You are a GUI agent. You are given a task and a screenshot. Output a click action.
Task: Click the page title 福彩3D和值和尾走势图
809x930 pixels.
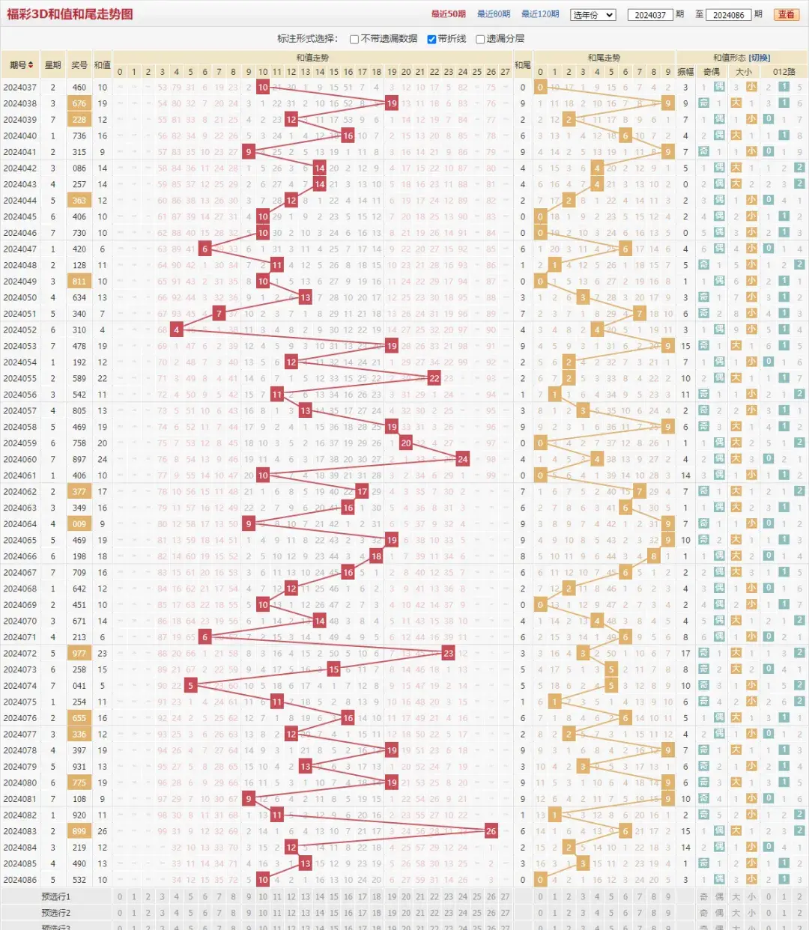click(x=70, y=14)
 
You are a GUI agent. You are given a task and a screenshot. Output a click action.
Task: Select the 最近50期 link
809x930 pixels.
click(x=448, y=14)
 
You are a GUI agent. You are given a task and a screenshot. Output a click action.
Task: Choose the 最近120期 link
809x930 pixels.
click(x=540, y=14)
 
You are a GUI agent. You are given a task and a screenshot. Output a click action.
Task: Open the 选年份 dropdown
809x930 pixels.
click(x=593, y=15)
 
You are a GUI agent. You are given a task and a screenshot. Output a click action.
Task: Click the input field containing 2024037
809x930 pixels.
click(x=649, y=15)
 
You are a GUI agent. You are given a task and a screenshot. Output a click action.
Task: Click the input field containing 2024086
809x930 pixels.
click(x=728, y=15)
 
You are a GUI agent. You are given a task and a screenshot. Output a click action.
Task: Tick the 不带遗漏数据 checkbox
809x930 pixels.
click(x=354, y=39)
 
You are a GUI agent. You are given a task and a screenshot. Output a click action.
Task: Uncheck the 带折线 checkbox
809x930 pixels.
click(x=431, y=39)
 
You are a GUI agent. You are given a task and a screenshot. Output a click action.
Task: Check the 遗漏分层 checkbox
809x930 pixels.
click(x=480, y=39)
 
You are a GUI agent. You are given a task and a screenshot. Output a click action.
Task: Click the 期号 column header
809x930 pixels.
click(x=21, y=65)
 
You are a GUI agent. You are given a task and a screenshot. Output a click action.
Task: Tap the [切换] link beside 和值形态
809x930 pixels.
click(x=759, y=58)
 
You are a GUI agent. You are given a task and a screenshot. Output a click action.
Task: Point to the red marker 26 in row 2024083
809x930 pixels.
click(x=491, y=831)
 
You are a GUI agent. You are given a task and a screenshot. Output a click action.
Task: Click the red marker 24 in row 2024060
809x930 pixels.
click(x=462, y=459)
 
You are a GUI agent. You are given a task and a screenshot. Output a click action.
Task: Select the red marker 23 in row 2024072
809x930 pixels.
click(x=448, y=653)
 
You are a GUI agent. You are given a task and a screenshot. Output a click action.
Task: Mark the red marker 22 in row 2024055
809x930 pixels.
click(x=434, y=378)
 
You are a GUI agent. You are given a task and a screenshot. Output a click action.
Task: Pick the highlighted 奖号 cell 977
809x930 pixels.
click(x=79, y=653)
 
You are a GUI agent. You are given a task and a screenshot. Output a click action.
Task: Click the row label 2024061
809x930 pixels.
click(x=20, y=475)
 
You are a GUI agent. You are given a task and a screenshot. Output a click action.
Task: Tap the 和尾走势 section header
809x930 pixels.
click(x=604, y=58)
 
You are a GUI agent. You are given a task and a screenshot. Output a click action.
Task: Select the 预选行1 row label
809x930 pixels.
click(x=56, y=896)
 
